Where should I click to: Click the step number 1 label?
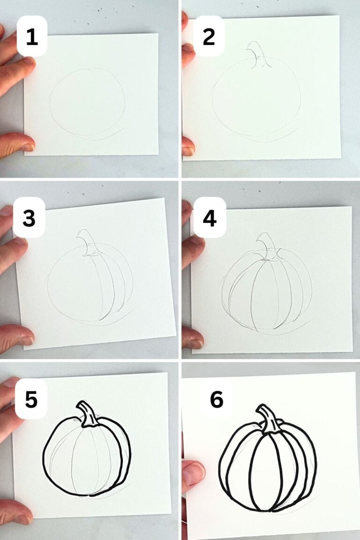point(32,36)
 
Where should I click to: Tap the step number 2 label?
point(209,36)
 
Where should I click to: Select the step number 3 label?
point(29,217)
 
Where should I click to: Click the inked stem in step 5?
point(88,414)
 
